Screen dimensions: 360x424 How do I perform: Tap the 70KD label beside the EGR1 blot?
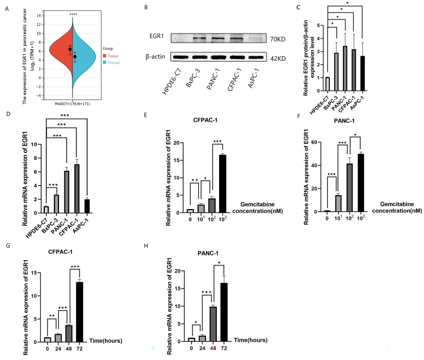(280, 38)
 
